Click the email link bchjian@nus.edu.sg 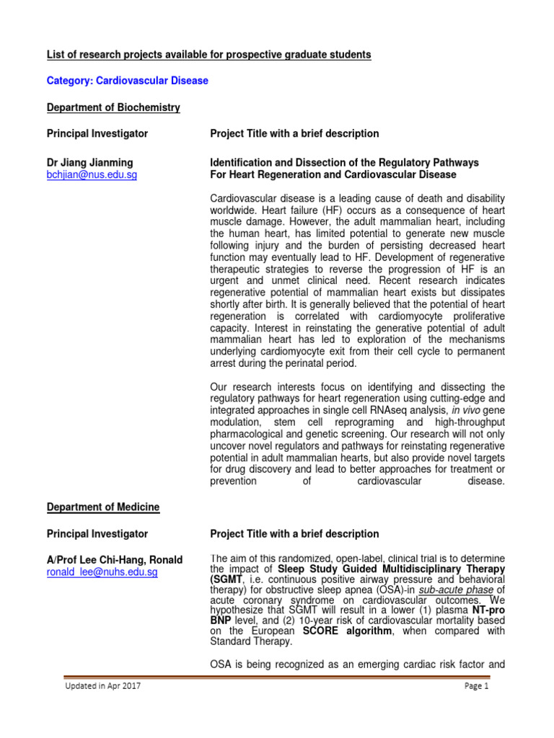pyautogui.click(x=92, y=175)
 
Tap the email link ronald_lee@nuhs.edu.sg pyautogui.click(x=102, y=572)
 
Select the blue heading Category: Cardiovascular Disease pyautogui.click(x=128, y=81)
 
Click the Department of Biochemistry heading pyautogui.click(x=113, y=107)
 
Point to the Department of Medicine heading pyautogui.click(x=103, y=507)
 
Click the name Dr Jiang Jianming pyautogui.click(x=90, y=163)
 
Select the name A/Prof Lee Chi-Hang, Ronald pyautogui.click(x=115, y=560)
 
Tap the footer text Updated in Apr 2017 pyautogui.click(x=102, y=686)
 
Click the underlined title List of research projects pyautogui.click(x=209, y=55)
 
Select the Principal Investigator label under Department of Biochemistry pyautogui.click(x=97, y=133)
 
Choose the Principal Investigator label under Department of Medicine pyautogui.click(x=97, y=534)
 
